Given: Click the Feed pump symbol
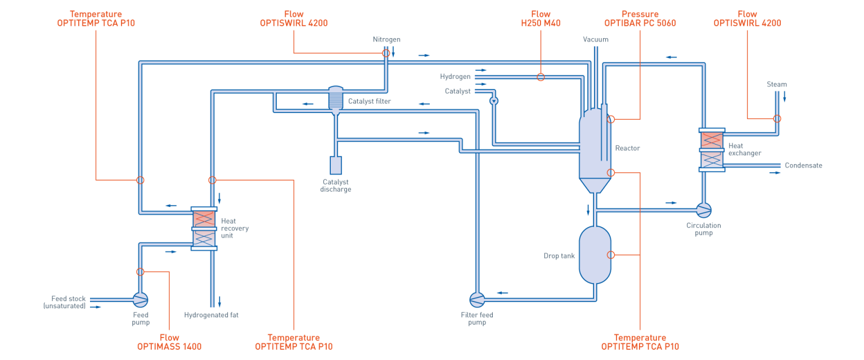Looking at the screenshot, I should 140,299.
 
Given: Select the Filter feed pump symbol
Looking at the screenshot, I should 477,299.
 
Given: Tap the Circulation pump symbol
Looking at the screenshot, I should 703,210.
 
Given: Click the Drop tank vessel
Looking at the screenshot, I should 595,254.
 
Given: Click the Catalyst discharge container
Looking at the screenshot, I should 336,165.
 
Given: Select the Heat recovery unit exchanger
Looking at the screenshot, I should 204,228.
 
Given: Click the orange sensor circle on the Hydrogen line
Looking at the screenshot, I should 541,77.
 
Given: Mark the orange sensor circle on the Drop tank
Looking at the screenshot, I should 611,255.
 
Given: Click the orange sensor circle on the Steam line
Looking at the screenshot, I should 777,118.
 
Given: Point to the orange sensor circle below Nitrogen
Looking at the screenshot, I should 386,53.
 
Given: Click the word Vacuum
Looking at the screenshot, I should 595,39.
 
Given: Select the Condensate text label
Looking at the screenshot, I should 803,165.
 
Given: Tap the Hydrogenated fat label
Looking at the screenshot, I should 211,315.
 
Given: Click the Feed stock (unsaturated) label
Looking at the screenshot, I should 65,302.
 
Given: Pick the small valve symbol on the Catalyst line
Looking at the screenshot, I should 493,101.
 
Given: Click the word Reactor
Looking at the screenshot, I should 627,148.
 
